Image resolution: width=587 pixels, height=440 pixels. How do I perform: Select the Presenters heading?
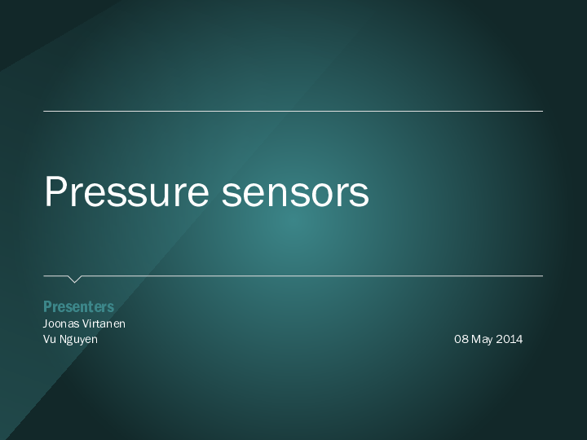point(78,306)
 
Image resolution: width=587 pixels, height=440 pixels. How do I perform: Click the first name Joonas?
point(61,323)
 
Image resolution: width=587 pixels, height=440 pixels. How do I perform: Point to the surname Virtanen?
point(104,323)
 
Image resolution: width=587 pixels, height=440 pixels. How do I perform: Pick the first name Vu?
point(50,339)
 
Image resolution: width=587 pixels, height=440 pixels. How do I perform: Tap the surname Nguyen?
point(79,339)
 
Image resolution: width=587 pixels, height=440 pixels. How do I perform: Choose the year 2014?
point(510,339)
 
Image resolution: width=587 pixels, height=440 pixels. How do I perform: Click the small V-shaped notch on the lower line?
point(74,279)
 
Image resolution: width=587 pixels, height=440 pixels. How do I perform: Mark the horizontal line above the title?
point(293,111)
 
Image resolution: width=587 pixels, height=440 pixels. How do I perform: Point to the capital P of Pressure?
point(55,191)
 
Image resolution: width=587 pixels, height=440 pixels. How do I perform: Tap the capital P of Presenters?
point(46,306)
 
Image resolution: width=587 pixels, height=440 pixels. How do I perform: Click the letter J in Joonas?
point(45,323)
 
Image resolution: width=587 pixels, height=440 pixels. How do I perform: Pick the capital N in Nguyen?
point(64,339)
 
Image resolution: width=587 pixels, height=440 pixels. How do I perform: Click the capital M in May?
point(476,339)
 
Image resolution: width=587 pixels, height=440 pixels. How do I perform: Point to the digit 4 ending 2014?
point(519,339)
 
